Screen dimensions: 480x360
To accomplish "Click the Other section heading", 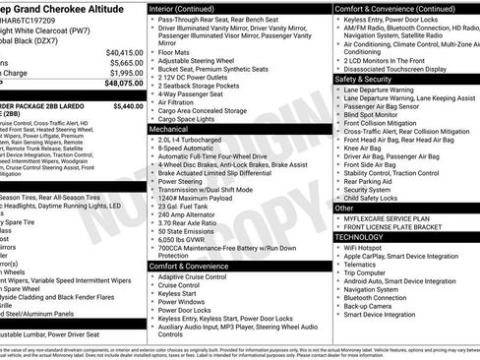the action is tap(344, 209).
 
